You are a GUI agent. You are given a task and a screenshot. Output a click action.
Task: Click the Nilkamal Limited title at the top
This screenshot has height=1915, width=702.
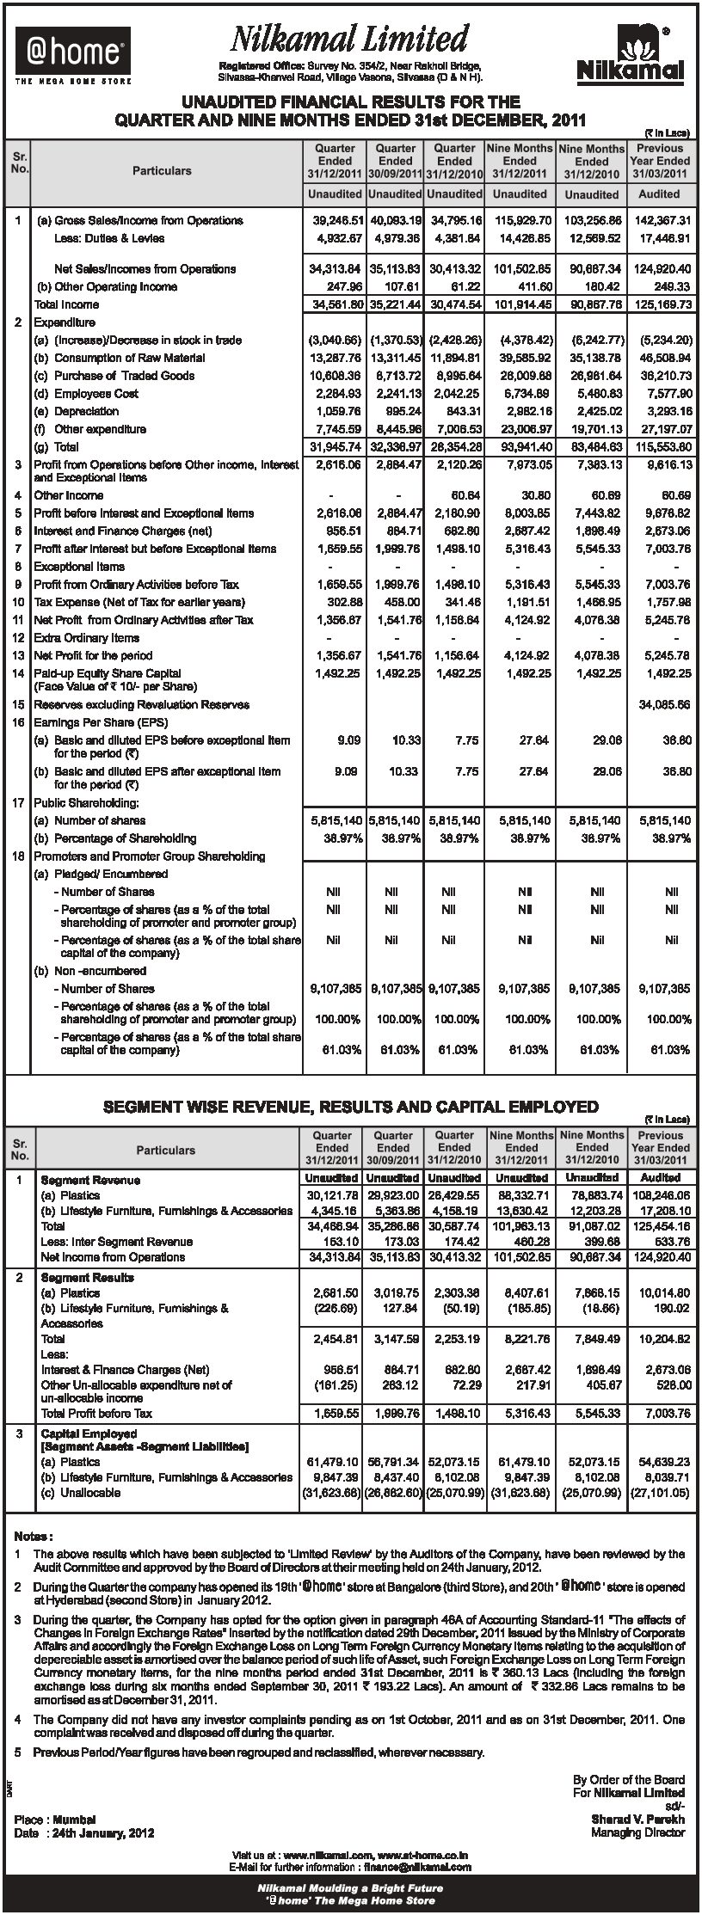click(348, 40)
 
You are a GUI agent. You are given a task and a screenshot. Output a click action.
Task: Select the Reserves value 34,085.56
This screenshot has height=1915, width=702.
click(660, 704)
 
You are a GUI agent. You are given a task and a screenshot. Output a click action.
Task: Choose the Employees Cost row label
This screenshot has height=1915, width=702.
click(96, 393)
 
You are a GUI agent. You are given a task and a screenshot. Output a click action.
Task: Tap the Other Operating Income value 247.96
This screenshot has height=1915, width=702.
click(342, 286)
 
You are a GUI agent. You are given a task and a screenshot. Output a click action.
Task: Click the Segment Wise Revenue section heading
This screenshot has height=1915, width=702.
click(350, 1107)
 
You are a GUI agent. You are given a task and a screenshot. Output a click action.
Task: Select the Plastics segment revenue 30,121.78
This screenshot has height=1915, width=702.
click(334, 1195)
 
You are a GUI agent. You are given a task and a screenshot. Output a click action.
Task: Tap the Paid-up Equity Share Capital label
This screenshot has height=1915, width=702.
click(108, 673)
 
